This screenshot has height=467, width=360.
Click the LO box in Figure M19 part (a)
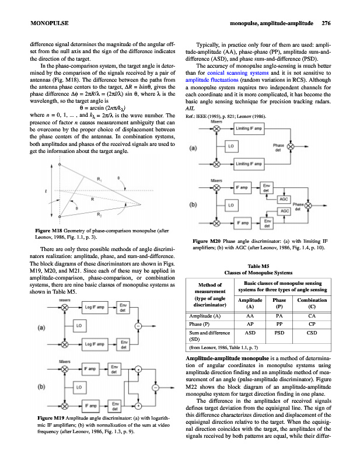pyautogui.click(x=78, y=324)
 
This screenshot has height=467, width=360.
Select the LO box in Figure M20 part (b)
pyautogui.click(x=230, y=205)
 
